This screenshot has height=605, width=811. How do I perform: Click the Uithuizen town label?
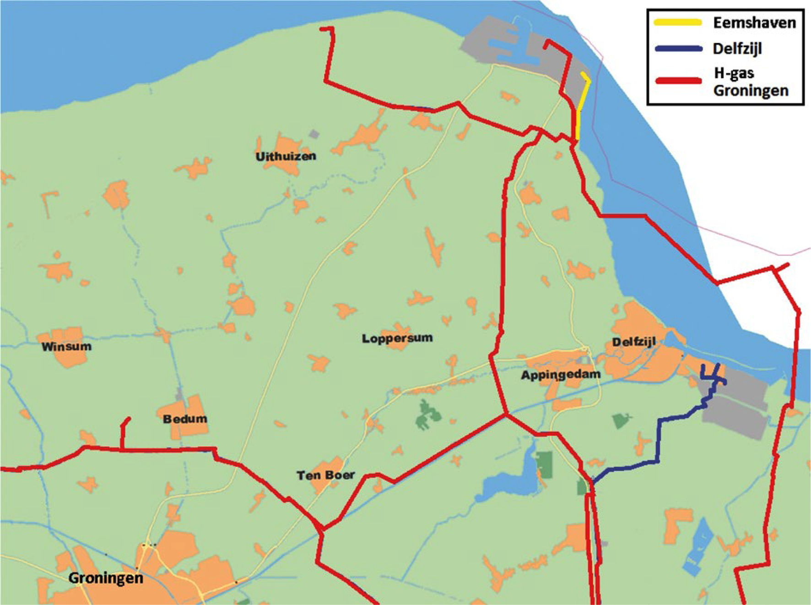(286, 156)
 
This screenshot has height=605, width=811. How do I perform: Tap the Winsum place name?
(66, 346)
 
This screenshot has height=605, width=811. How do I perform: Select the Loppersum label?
(397, 338)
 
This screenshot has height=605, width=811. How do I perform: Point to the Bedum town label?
(185, 419)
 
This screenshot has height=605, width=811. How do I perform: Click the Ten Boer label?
(325, 475)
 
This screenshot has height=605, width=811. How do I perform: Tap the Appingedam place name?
(561, 375)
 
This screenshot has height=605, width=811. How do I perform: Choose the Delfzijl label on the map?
(634, 342)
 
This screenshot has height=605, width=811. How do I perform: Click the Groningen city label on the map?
(106, 578)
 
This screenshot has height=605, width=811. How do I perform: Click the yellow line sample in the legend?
(678, 22)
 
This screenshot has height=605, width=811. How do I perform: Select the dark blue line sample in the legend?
(678, 49)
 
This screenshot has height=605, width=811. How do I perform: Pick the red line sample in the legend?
(678, 81)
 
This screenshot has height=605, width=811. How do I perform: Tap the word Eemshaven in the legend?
(754, 22)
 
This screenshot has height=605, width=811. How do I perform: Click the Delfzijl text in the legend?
(737, 49)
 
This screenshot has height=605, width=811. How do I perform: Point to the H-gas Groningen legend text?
(751, 82)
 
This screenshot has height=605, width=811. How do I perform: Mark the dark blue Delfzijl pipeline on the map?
(659, 440)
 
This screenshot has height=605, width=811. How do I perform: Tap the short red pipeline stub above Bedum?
(123, 433)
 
